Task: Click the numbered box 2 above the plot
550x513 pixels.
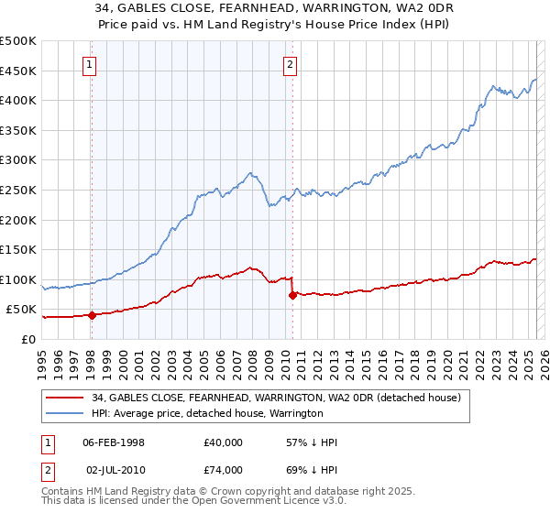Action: coord(290,64)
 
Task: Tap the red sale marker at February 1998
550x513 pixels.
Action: coord(92,315)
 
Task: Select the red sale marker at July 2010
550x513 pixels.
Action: coord(292,295)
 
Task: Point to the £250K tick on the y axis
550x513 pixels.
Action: coord(18,190)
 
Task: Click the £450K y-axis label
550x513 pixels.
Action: coord(18,71)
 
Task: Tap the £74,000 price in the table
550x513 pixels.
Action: coord(224,469)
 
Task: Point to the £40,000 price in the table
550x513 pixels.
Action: coord(224,442)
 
